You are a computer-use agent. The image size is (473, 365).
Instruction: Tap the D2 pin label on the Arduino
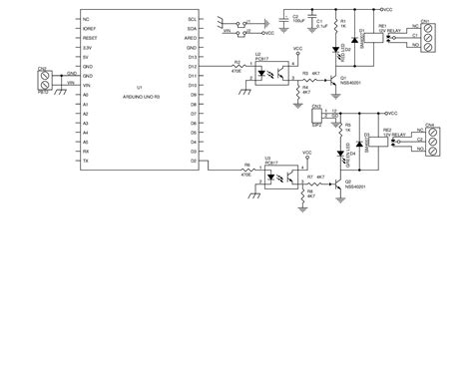191,160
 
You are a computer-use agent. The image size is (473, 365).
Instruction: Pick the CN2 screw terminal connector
43,80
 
